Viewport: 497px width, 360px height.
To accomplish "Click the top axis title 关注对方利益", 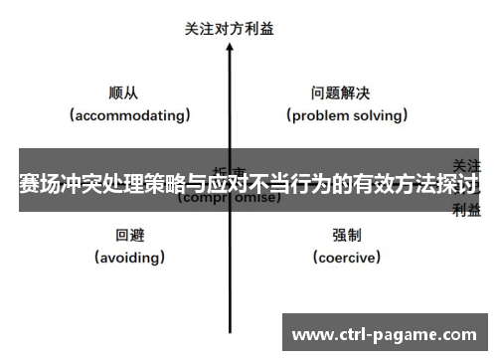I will click(230, 29).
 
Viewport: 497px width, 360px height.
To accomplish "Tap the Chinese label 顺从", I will click(123, 92).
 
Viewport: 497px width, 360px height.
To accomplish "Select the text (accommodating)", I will click(130, 115).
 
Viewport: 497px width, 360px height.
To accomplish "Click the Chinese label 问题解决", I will click(341, 92).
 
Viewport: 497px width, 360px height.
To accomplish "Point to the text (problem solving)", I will click(348, 115).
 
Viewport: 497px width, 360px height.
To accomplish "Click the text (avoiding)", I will click(130, 258).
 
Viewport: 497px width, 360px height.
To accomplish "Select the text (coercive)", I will click(347, 258).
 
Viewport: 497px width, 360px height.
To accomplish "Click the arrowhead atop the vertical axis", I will click(231, 50).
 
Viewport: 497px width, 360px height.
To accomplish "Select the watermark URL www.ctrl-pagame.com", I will click(386, 333).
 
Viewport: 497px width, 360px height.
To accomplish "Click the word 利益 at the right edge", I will click(467, 210).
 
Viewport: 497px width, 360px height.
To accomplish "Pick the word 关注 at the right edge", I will click(467, 163).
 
